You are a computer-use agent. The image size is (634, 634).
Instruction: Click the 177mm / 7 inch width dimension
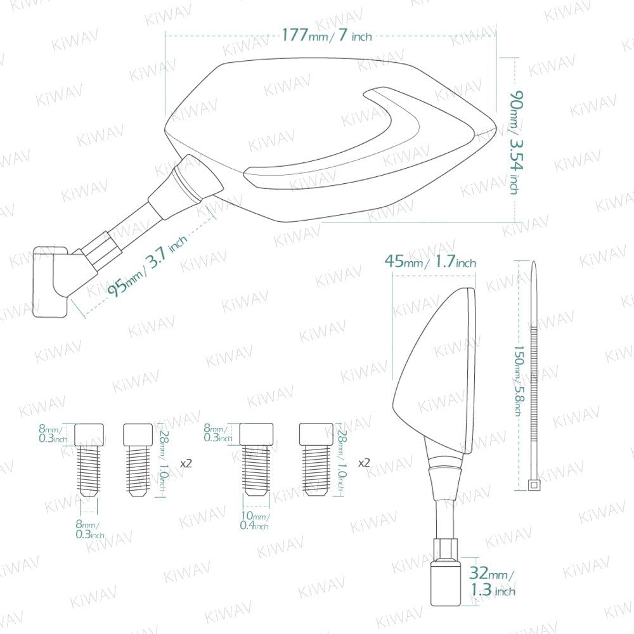pyautogui.click(x=326, y=35)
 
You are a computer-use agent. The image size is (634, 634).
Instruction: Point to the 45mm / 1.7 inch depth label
pyautogui.click(x=430, y=261)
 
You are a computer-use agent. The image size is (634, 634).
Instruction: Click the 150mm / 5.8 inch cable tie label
pyautogui.click(x=517, y=380)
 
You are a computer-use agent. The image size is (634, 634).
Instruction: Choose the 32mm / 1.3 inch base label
pyautogui.click(x=492, y=582)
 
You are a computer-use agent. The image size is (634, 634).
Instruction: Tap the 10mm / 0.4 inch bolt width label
pyautogui.click(x=254, y=521)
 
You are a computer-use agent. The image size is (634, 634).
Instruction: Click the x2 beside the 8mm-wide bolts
pyautogui.click(x=185, y=463)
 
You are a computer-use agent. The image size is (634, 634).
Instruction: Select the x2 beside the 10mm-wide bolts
pyautogui.click(x=364, y=463)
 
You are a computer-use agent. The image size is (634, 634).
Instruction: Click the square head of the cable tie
pyautogui.click(x=534, y=485)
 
